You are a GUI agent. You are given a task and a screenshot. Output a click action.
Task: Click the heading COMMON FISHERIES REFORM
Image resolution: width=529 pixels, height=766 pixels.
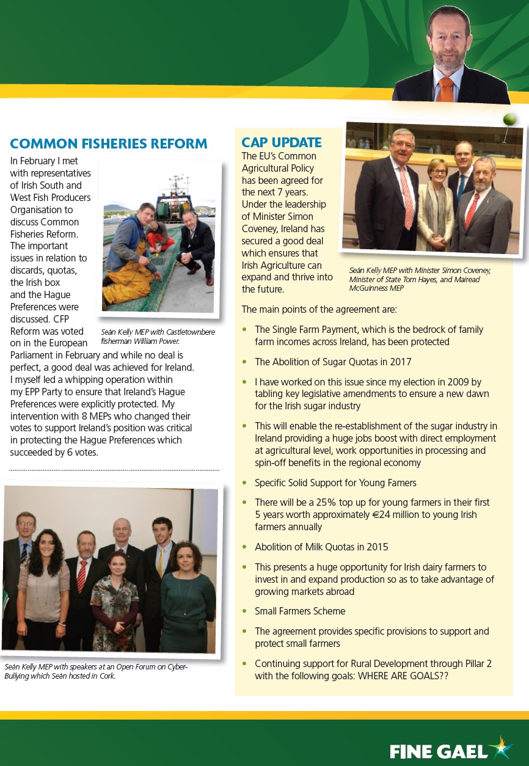109,144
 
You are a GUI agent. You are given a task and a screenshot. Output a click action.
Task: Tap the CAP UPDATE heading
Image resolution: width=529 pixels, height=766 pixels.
282,143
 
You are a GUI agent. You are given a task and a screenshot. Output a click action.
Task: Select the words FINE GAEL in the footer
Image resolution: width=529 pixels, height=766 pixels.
439,751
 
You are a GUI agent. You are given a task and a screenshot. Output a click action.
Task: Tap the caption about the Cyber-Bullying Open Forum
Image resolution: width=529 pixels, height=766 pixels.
96,671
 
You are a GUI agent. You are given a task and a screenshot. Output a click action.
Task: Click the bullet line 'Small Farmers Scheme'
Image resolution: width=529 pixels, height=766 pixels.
300,611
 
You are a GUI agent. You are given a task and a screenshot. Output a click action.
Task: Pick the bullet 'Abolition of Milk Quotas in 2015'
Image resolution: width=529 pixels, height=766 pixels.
321,547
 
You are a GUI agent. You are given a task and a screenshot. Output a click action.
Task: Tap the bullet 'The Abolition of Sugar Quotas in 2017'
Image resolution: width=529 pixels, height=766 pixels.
333,362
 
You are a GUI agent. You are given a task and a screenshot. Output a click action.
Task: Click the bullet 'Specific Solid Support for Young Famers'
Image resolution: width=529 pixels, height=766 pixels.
335,483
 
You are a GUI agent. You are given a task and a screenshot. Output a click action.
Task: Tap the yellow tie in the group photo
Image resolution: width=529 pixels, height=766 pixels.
161,562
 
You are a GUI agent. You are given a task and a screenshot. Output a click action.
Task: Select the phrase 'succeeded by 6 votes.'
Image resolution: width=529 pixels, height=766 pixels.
54,453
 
